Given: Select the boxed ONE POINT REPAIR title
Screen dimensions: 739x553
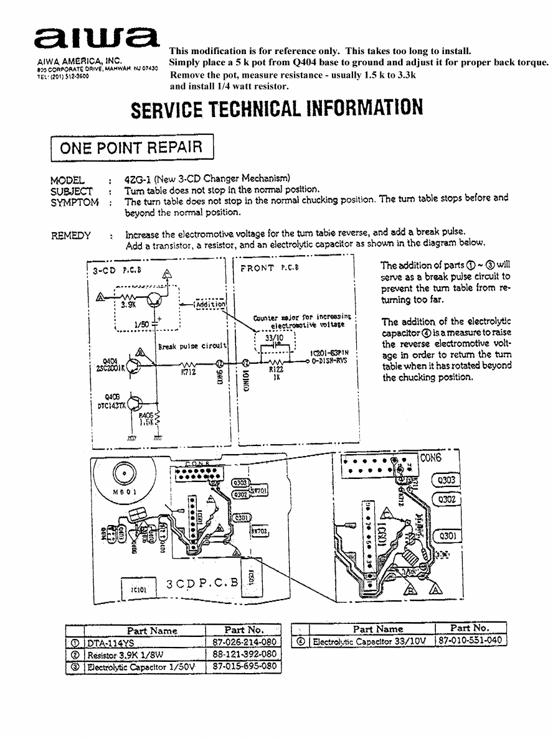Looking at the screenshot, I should (x=131, y=147).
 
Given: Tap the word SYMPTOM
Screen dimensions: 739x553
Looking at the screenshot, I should (x=74, y=202).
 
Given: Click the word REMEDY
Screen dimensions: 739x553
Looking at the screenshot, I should (x=70, y=235).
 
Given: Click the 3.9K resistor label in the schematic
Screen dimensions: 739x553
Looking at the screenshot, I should (x=128, y=305).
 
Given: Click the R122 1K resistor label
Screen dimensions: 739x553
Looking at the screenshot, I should (x=275, y=373).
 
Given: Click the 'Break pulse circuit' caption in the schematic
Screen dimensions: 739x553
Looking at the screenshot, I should (x=191, y=346).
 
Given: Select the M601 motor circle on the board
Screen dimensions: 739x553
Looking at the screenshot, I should (x=125, y=475).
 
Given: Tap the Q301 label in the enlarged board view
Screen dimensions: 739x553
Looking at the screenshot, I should (x=447, y=536).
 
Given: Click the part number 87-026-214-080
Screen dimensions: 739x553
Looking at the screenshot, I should (x=243, y=642).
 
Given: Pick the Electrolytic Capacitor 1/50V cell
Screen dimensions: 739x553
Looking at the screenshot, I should (x=144, y=667).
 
